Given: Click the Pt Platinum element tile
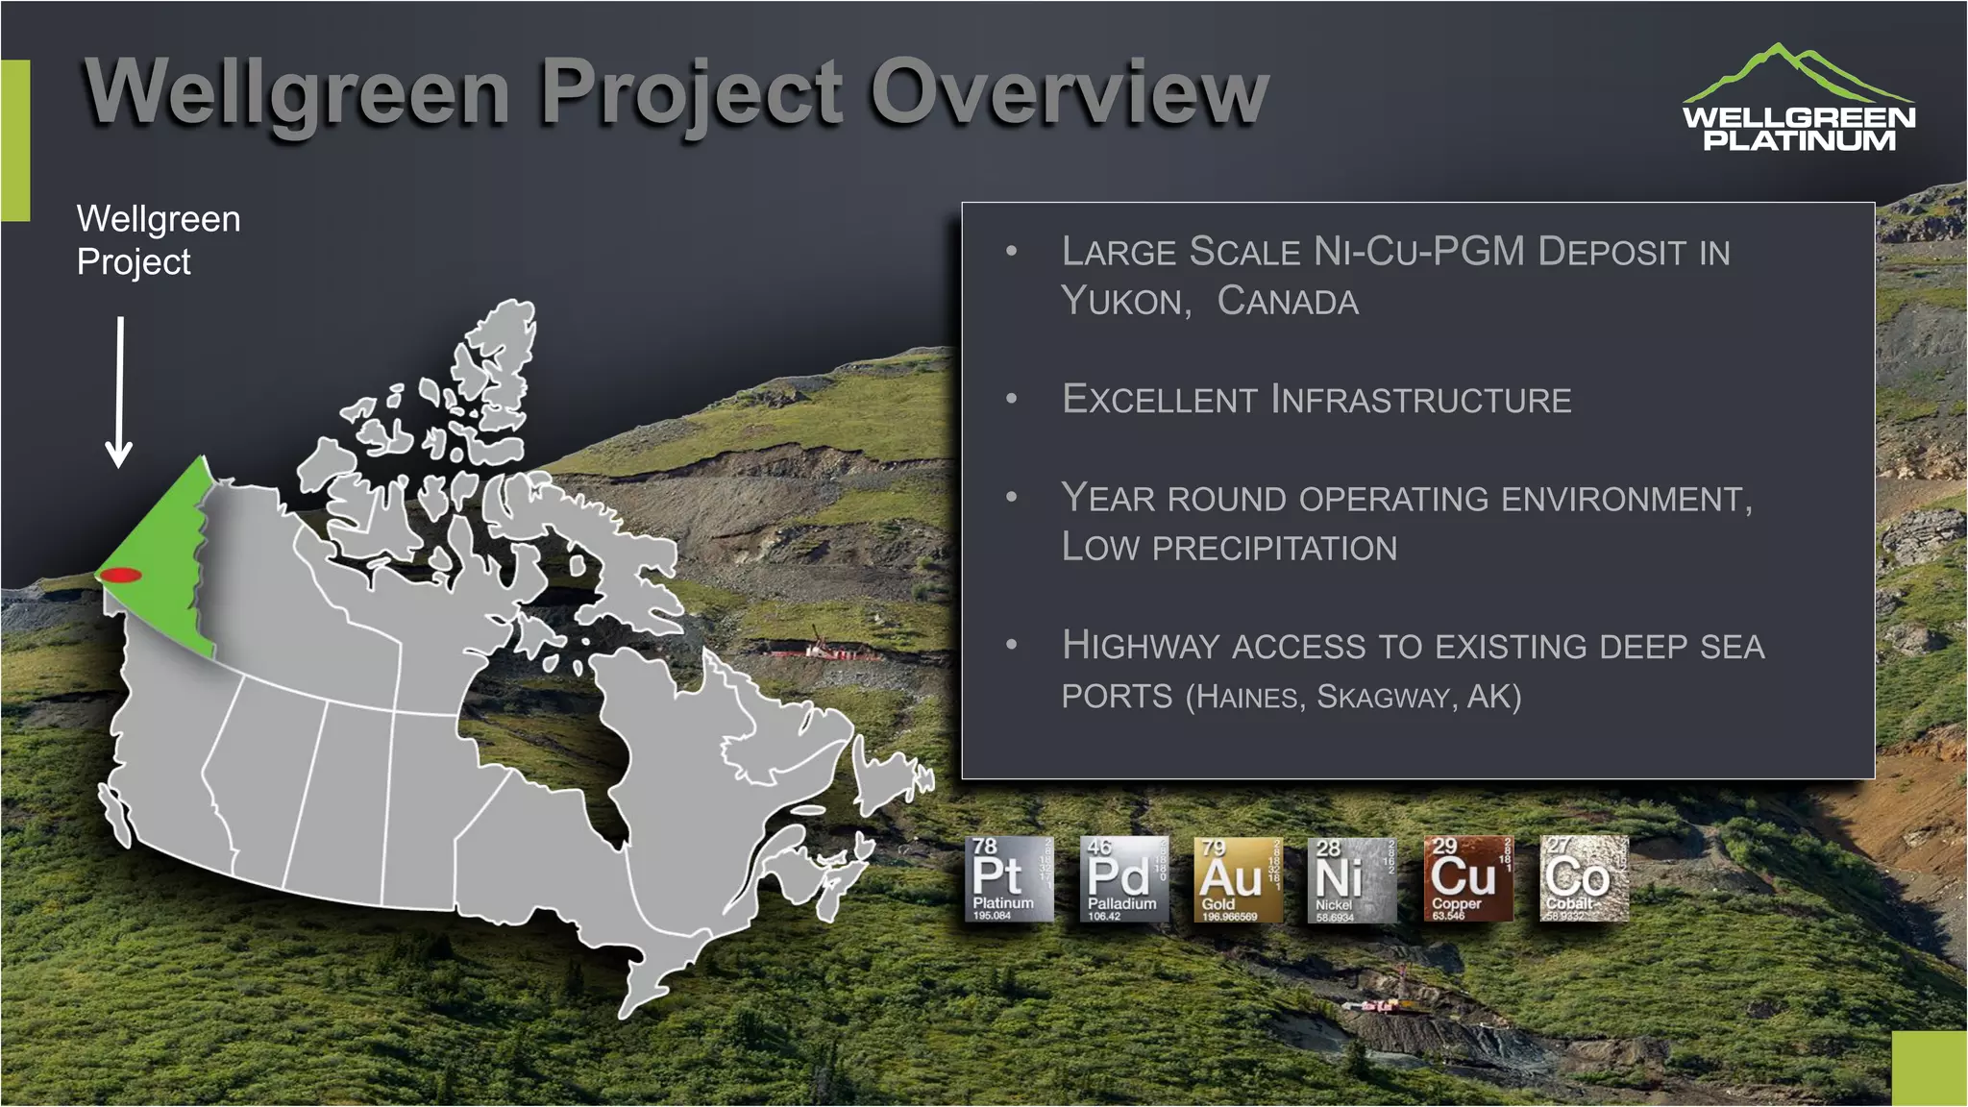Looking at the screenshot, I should pyautogui.click(x=1008, y=879).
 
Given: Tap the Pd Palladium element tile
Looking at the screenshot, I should pyautogui.click(x=1123, y=879).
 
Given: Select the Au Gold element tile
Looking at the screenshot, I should pyautogui.click(x=1238, y=879).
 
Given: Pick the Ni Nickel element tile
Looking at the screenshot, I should pyautogui.click(x=1352, y=879).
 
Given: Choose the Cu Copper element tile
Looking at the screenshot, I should pyautogui.click(x=1467, y=879).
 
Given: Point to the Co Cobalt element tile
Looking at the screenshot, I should pyautogui.click(x=1584, y=879).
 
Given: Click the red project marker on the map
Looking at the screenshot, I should pyautogui.click(x=121, y=576).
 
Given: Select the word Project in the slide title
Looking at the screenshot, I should pyautogui.click(x=691, y=94).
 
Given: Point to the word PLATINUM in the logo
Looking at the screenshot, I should pyautogui.click(x=1799, y=140).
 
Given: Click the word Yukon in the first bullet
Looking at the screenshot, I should pyautogui.click(x=1125, y=302).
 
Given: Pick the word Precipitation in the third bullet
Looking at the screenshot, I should pyautogui.click(x=1274, y=549).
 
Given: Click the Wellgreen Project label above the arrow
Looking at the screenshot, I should pyautogui.click(x=159, y=240).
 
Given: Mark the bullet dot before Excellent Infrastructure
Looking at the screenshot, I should pyautogui.click(x=1011, y=399).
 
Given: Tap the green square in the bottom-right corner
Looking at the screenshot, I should pyautogui.click(x=1929, y=1069).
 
